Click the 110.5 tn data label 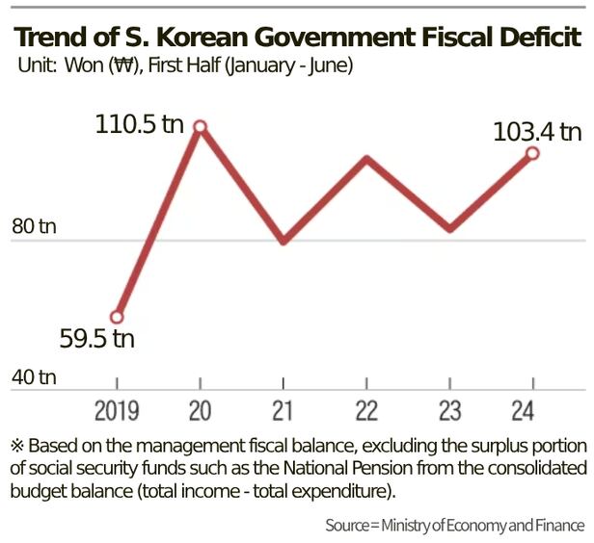point(138,125)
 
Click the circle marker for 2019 point(117,317)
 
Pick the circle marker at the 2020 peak point(201,126)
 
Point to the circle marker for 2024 point(531,153)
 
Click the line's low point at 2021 point(283,241)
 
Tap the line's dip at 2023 point(449,229)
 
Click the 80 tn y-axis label point(34,227)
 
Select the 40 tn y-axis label point(34,376)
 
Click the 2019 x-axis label point(117,411)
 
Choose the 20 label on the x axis point(200,411)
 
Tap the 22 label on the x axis point(365,411)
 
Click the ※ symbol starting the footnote point(16,446)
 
